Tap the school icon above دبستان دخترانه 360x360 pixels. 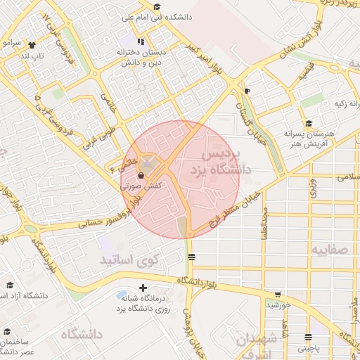[141, 41]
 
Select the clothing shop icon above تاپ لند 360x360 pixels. [33, 42]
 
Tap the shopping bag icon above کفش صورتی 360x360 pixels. [141, 175]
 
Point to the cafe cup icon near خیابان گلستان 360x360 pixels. [247, 91]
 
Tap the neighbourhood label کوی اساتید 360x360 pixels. [141, 260]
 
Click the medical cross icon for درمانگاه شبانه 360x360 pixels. [143, 287]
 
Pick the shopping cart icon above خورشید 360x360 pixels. [277, 295]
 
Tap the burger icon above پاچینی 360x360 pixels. [308, 337]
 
